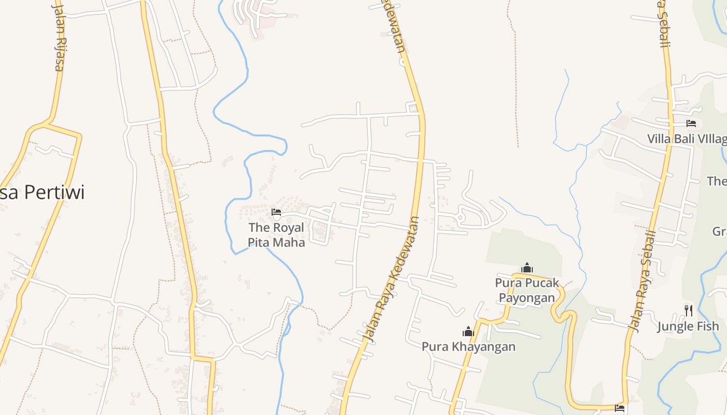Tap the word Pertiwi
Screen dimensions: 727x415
click(x=54, y=192)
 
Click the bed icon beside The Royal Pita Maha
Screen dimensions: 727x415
click(x=276, y=212)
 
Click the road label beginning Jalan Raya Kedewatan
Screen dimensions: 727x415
click(x=393, y=280)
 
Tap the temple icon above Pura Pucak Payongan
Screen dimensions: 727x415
click(x=527, y=268)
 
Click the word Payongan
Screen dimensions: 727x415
click(x=527, y=297)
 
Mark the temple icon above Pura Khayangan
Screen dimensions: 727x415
click(x=468, y=331)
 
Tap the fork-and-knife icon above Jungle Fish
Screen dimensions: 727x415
click(x=689, y=311)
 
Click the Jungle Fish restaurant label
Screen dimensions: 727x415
click(x=689, y=326)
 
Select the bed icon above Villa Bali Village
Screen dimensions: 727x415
click(x=691, y=123)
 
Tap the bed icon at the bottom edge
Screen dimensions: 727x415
click(x=619, y=408)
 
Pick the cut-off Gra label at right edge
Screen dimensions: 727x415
click(x=719, y=231)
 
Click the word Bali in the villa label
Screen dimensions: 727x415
click(x=684, y=139)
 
